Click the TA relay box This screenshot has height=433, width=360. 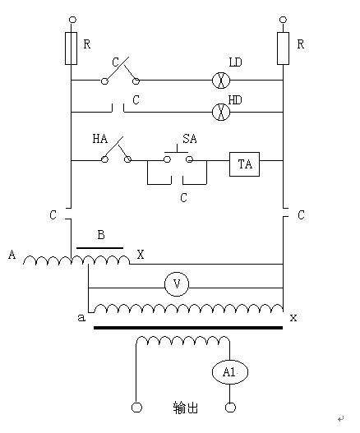point(244,165)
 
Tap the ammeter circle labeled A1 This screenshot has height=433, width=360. point(229,373)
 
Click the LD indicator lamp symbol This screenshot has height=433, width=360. point(220,81)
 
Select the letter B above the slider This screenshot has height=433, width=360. point(100,235)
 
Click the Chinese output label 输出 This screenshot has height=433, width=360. point(185,408)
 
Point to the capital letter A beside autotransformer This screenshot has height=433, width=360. point(12,255)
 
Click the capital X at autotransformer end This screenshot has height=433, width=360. point(141,255)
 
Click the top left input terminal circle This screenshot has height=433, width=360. point(72,18)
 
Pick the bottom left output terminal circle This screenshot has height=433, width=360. point(136,408)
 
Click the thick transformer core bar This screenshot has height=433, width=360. point(188,328)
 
